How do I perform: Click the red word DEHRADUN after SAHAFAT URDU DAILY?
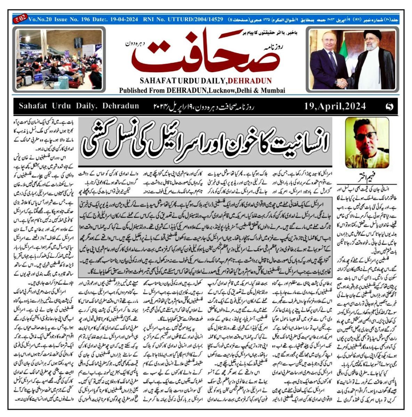250,81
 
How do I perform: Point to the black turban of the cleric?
372,35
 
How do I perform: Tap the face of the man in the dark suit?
328,42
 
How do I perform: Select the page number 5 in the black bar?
390,106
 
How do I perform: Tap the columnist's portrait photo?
367,142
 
